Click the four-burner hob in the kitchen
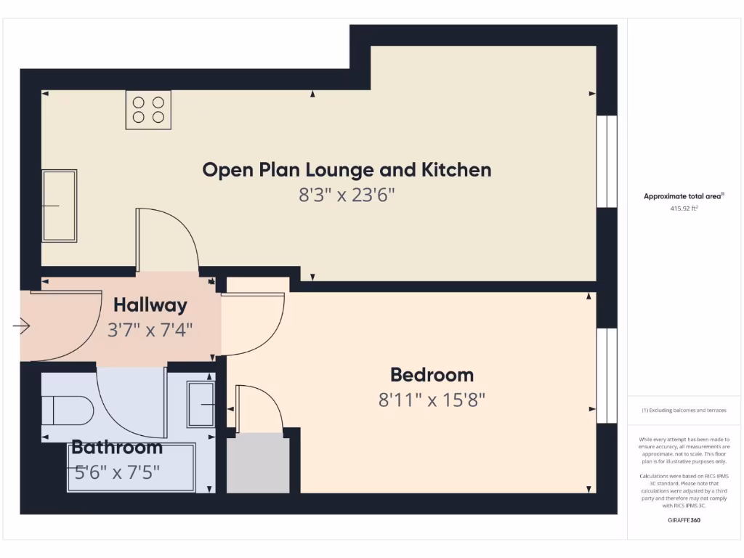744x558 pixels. pyautogui.click(x=148, y=110)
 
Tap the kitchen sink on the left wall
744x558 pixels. pyautogui.click(x=60, y=206)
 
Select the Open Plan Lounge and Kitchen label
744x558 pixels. pyautogui.click(x=347, y=170)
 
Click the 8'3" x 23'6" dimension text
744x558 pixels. pyautogui.click(x=347, y=195)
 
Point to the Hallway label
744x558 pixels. pyautogui.click(x=150, y=305)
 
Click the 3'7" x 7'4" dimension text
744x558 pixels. pyautogui.click(x=150, y=330)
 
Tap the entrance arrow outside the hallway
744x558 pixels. pyautogui.click(x=21, y=328)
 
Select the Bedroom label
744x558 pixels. pyautogui.click(x=432, y=375)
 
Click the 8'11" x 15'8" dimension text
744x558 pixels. pyautogui.click(x=432, y=400)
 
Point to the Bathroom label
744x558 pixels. pyautogui.click(x=116, y=447)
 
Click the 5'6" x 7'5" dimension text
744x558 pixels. pyautogui.click(x=116, y=472)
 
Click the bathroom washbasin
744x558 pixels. pyautogui.click(x=201, y=405)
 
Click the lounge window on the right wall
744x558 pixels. pyautogui.click(x=607, y=161)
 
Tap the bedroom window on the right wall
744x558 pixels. pyautogui.click(x=607, y=375)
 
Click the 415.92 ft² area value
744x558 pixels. pyautogui.click(x=684, y=209)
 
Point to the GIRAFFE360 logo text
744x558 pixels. pyautogui.click(x=684, y=521)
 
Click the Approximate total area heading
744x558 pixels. pyautogui.click(x=683, y=196)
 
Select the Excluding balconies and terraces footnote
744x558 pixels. pyautogui.click(x=684, y=411)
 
